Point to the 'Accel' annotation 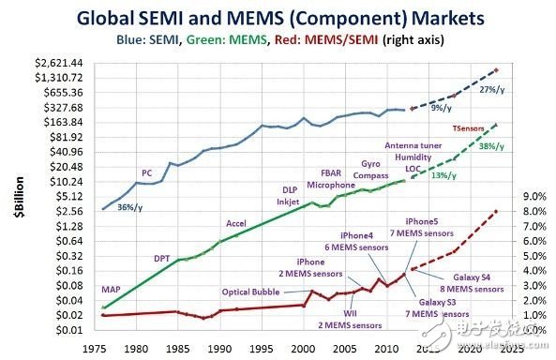pyautogui.click(x=236, y=223)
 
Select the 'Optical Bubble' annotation pyautogui.click(x=250, y=291)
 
